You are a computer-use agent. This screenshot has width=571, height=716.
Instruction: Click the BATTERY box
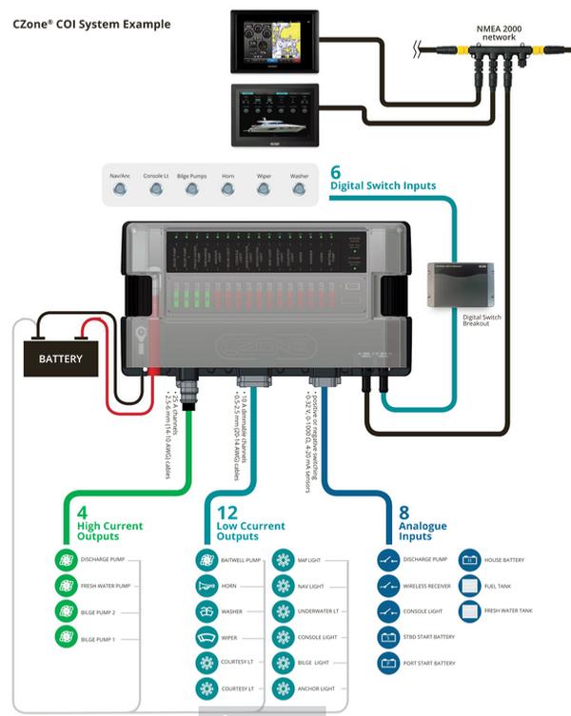(61, 359)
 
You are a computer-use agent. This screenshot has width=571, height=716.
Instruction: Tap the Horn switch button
(227, 188)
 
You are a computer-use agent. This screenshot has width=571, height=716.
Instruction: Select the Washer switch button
(299, 188)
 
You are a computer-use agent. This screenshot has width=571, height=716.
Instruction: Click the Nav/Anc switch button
(120, 188)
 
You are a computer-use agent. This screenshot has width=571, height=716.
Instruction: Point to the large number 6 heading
(335, 172)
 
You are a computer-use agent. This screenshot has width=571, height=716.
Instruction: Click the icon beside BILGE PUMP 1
(65, 640)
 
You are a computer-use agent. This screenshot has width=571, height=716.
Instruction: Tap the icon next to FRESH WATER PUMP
(65, 586)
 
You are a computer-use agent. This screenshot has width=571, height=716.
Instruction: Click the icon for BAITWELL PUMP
(207, 560)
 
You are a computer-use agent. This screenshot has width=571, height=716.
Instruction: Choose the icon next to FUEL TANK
(470, 585)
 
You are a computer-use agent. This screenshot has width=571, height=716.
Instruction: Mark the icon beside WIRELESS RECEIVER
(387, 586)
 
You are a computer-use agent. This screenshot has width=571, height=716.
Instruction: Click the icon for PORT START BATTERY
(387, 663)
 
